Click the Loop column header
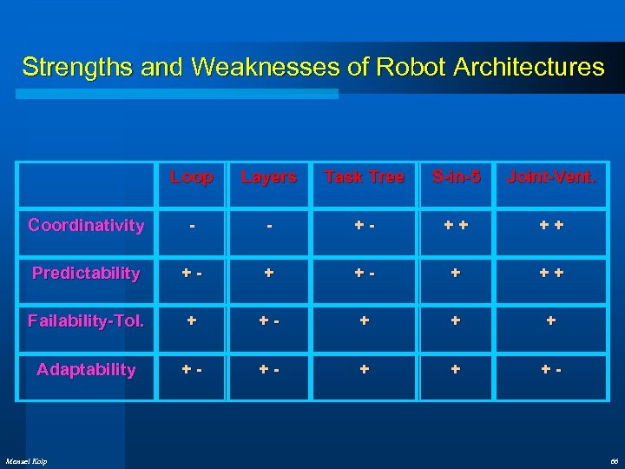click(192, 177)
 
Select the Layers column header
click(268, 177)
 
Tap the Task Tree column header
click(365, 177)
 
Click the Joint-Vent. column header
click(551, 177)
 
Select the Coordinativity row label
click(86, 226)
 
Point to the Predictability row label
click(86, 274)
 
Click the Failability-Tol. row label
click(86, 321)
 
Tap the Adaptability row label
click(86, 370)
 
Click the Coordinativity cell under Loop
click(192, 226)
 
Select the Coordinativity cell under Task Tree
click(365, 226)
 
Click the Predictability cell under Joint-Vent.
click(551, 274)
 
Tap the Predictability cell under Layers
click(268, 274)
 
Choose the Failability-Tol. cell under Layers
click(268, 321)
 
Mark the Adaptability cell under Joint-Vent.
click(551, 370)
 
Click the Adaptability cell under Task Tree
click(365, 370)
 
